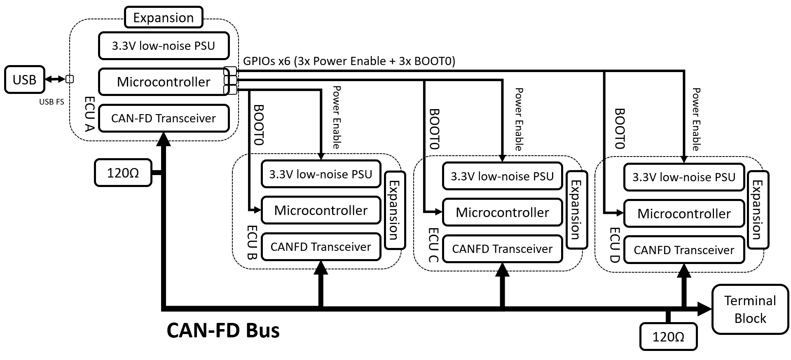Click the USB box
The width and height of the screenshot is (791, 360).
[x=24, y=79]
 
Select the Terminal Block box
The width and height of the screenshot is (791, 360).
[x=750, y=309]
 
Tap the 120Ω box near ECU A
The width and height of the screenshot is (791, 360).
[x=123, y=173]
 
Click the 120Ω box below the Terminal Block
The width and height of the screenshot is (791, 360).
[x=668, y=337]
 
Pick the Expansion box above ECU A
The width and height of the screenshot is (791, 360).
[x=164, y=18]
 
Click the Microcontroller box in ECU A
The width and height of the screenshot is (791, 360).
[x=164, y=82]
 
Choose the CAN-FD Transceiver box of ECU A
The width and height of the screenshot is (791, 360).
[x=164, y=118]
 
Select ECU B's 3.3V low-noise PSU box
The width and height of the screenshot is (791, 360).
[x=321, y=174]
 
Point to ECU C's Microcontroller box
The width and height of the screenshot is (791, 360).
[x=502, y=213]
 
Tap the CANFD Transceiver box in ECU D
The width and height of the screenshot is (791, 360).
[x=684, y=250]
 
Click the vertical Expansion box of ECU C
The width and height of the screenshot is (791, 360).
[x=576, y=210]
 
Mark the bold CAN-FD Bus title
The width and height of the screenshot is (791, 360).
[x=223, y=330]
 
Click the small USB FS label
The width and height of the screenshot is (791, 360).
[x=51, y=102]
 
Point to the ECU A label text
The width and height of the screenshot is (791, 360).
[x=89, y=114]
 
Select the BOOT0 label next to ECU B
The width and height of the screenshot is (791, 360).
[x=259, y=125]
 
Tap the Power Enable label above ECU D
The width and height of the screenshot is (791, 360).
[x=696, y=119]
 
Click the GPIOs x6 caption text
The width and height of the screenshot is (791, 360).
[x=349, y=61]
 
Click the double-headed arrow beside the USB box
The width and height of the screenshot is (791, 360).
[x=55, y=79]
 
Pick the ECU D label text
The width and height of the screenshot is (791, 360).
[x=615, y=245]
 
